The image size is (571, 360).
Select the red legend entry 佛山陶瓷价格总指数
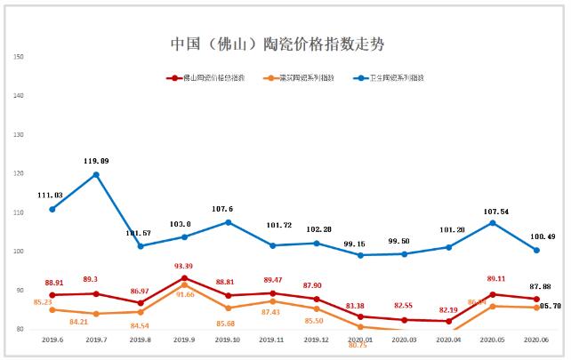(x=206, y=78)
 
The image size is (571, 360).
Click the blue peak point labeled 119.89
(x=96, y=174)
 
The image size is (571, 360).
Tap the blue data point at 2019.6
(x=52, y=209)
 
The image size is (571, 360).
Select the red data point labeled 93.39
(x=184, y=278)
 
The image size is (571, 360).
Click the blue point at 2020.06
(x=536, y=250)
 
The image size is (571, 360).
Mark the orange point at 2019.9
(x=184, y=284)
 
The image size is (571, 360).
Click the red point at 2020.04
(x=448, y=321)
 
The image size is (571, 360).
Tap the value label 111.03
(x=52, y=195)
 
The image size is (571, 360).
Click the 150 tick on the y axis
(x=19, y=58)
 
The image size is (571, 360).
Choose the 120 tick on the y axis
(x=19, y=174)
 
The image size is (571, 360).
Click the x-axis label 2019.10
(x=228, y=340)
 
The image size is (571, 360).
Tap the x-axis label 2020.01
(x=360, y=340)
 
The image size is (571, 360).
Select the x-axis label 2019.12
(x=316, y=340)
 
